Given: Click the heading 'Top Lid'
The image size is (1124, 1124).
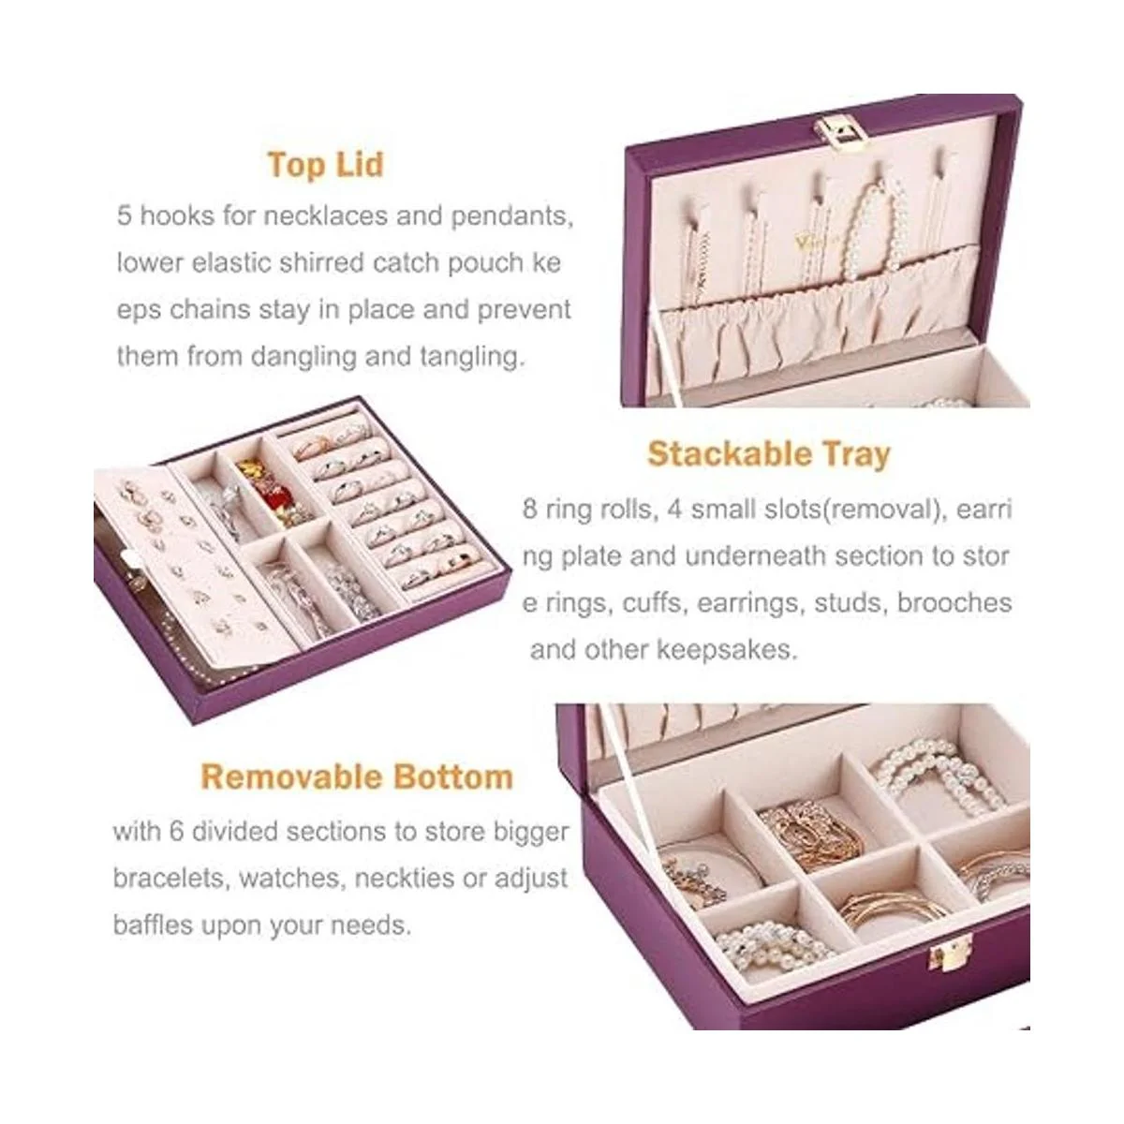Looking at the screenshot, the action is coord(325,165).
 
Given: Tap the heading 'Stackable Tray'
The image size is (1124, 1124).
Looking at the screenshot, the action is coord(769,453).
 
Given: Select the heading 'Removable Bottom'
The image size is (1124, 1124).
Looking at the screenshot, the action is coord(357,776).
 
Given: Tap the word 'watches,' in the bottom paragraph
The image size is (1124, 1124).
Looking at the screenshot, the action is coord(291,878).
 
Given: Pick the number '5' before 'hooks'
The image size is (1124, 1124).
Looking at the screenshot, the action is coord(125,215).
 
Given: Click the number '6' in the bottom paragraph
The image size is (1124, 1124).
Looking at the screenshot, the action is coord(176,831).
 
